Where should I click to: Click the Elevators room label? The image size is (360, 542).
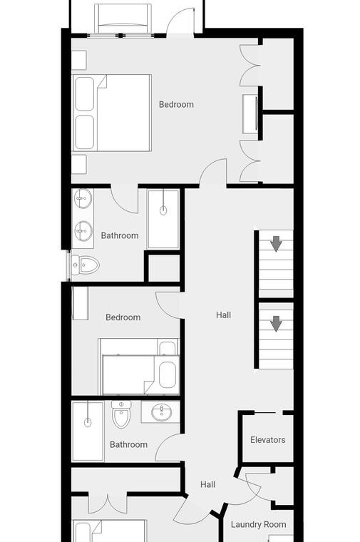click(268, 440)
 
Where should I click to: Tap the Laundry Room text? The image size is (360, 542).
click(259, 524)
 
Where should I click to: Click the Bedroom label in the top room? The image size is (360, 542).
click(176, 104)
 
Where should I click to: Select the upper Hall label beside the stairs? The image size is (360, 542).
click(224, 315)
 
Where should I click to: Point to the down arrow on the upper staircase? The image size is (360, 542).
click(276, 244)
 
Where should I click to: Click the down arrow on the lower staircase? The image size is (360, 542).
click(276, 324)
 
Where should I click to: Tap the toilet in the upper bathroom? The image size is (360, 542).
click(86, 265)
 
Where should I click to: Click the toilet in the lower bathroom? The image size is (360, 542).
click(121, 414)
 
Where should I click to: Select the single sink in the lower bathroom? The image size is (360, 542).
click(161, 411)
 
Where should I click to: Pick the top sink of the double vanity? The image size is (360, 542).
click(83, 198)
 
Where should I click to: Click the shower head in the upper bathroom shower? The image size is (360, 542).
click(163, 210)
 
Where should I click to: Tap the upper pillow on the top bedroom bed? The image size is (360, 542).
click(85, 93)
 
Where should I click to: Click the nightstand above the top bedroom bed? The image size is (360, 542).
click(79, 60)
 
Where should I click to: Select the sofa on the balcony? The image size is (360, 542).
click(123, 19)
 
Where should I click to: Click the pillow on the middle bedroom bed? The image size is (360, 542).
click(168, 375)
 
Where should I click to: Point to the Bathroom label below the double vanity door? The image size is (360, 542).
click(120, 236)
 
